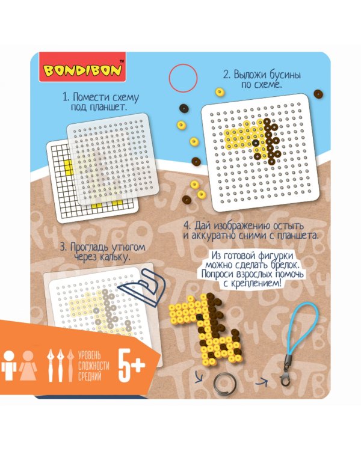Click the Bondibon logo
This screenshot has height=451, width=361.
pos(82,67)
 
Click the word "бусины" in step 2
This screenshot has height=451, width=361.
pos(285,75)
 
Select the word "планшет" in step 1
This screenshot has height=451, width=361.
pos(108,108)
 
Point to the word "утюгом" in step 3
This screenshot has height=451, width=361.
pos(128,248)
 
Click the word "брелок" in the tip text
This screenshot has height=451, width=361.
pos(287,265)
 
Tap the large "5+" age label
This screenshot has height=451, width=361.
pos(132,366)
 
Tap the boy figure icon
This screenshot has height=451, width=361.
pos(9,365)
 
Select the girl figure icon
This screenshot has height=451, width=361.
pos(28,365)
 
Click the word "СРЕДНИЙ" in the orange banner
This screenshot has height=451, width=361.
pos(90,376)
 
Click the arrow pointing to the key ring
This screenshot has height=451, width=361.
pos(199,376)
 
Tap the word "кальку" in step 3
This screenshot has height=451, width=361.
pos(114,257)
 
